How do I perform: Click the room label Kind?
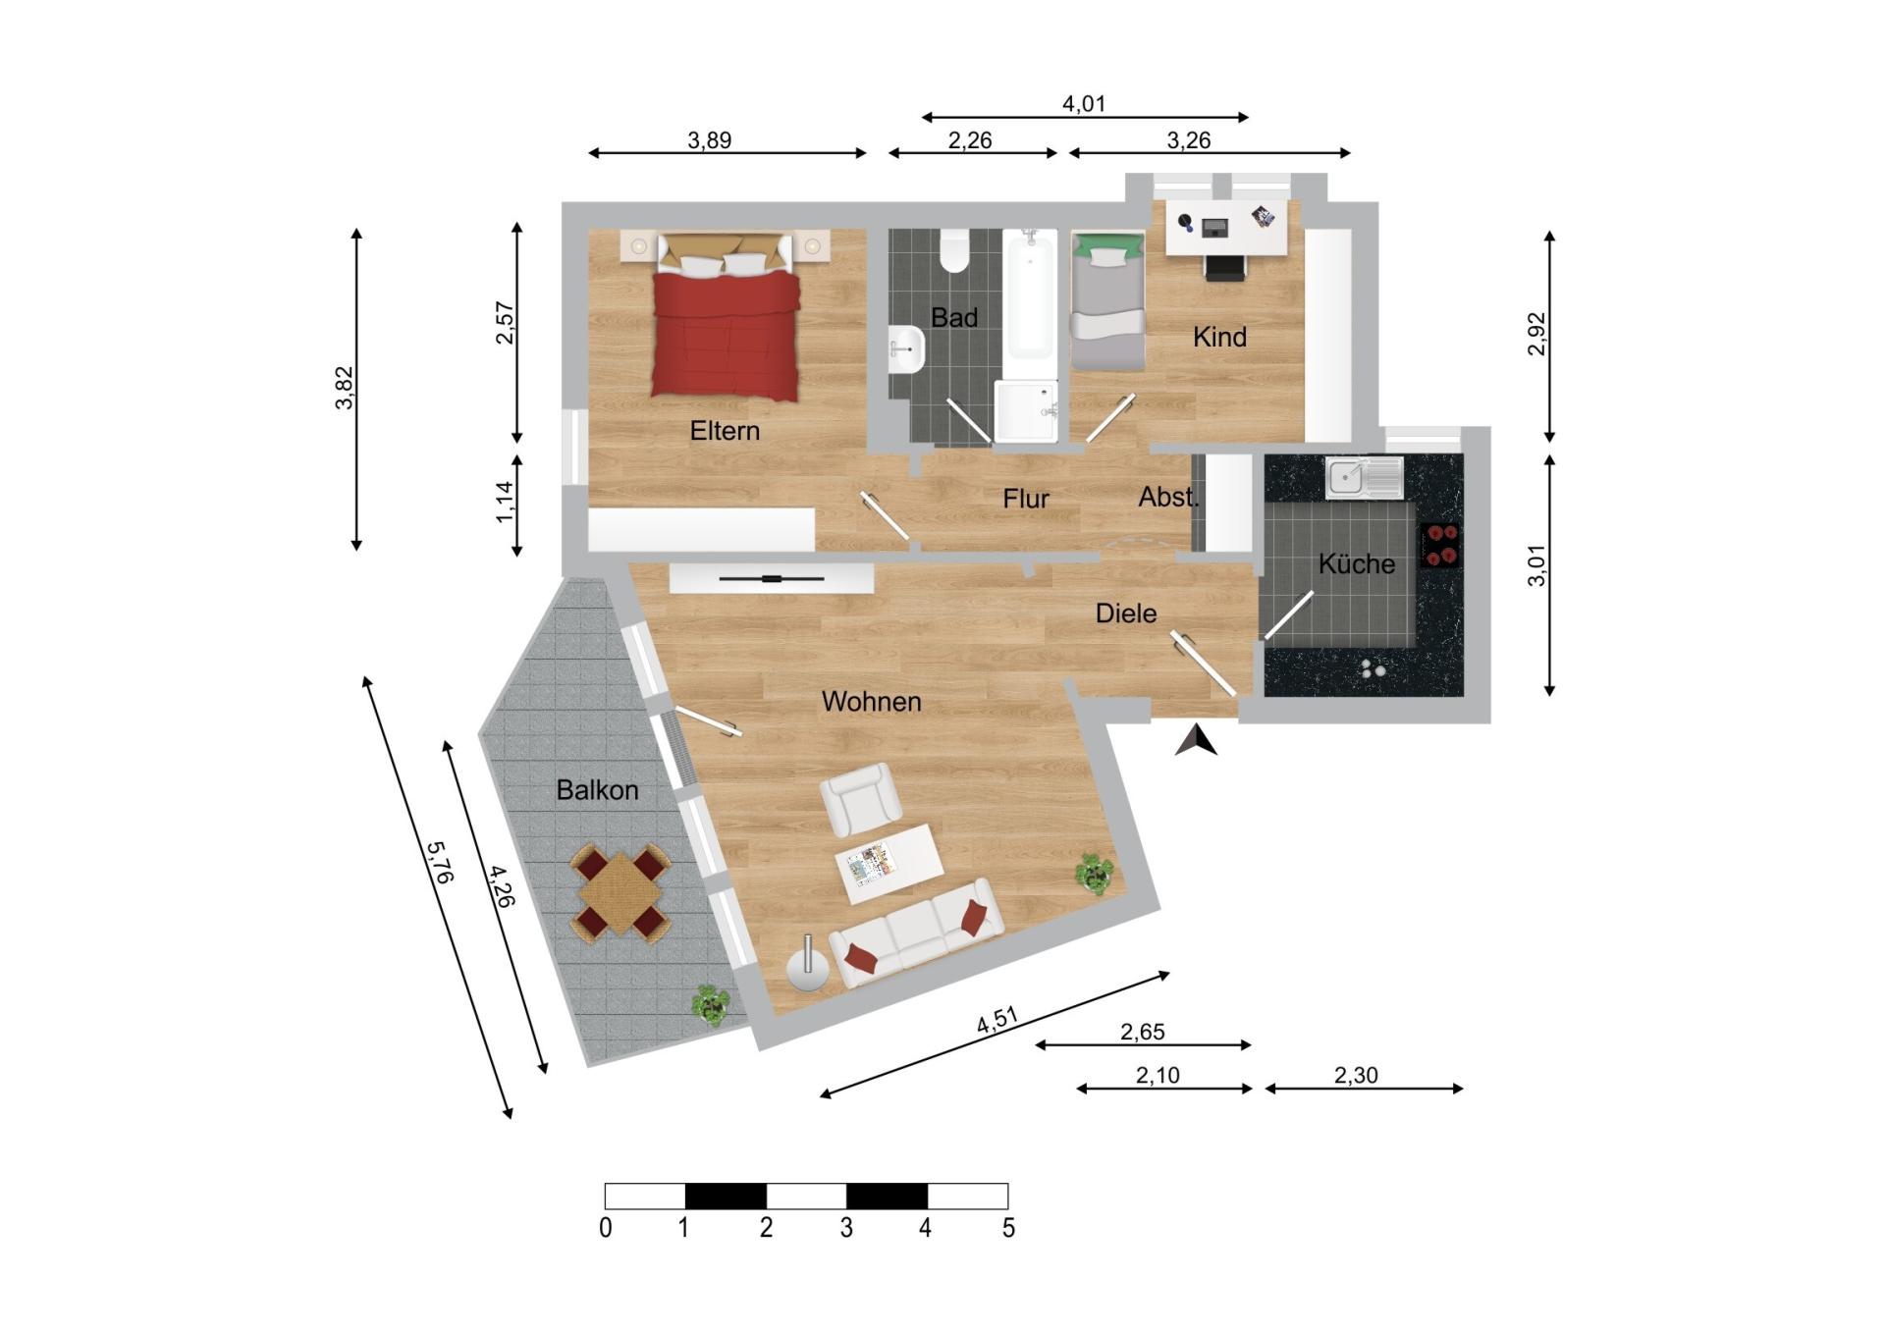click(x=1219, y=337)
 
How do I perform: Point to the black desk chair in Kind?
click(x=1224, y=266)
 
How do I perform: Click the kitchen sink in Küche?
click(x=1364, y=478)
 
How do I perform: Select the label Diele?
click(x=1126, y=613)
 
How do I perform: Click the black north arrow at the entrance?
click(x=1196, y=741)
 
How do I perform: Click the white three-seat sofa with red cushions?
click(x=916, y=932)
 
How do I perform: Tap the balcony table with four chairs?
click(x=620, y=894)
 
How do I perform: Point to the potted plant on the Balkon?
click(x=710, y=1005)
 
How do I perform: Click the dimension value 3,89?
click(x=709, y=140)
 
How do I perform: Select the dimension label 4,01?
click(x=1084, y=104)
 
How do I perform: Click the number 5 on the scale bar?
click(x=1008, y=1228)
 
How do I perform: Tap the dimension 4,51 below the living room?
click(x=996, y=1021)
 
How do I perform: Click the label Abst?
click(x=1168, y=498)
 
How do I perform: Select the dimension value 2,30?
click(x=1356, y=1075)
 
